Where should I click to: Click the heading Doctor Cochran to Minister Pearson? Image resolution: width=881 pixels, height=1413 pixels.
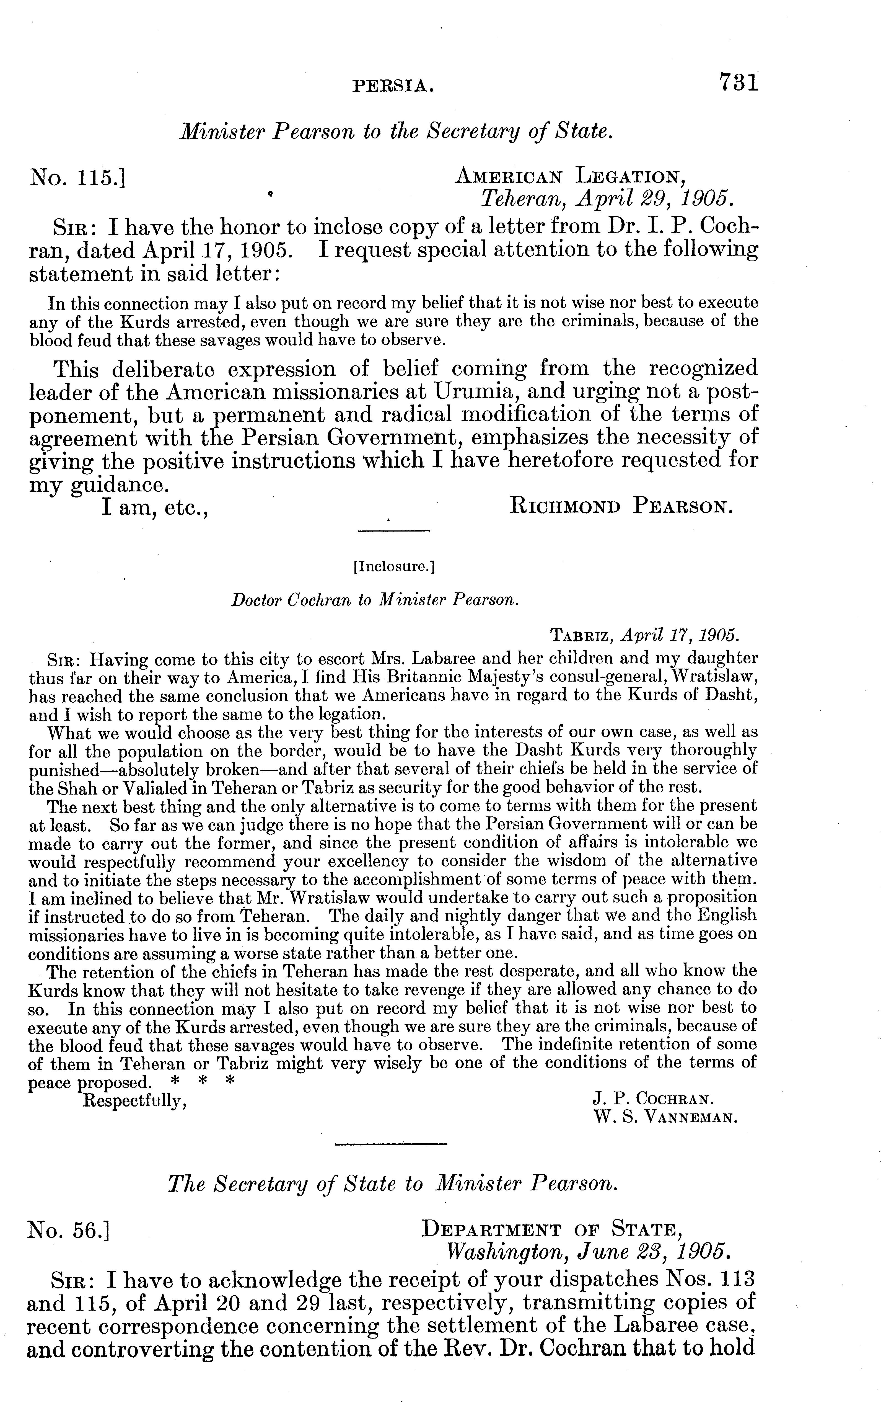pos(375,600)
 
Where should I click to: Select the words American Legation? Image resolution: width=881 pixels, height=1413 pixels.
pos(568,174)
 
